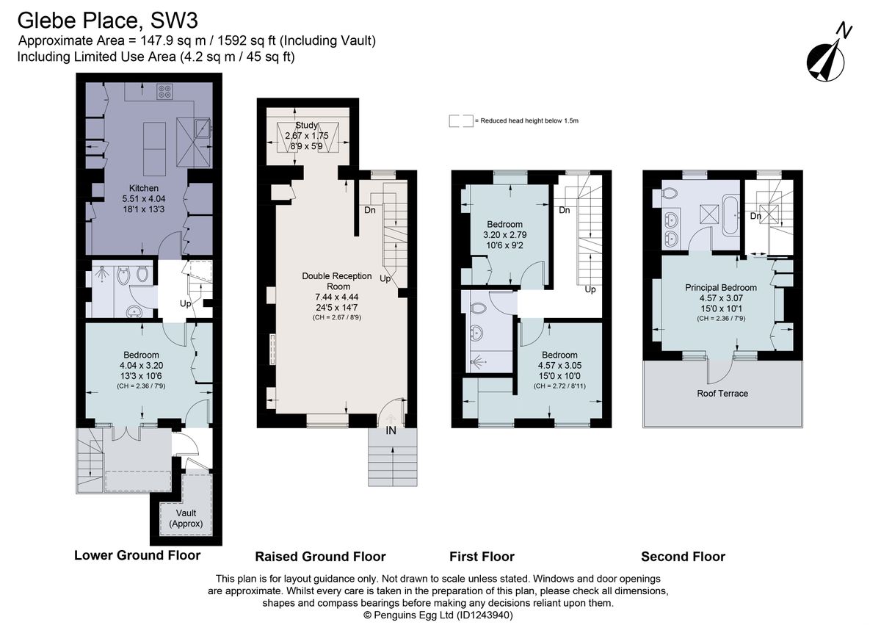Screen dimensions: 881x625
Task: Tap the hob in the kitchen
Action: [164, 91]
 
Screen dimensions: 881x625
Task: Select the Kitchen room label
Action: [144, 188]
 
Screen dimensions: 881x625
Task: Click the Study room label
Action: [306, 125]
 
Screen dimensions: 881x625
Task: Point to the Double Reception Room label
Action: [337, 281]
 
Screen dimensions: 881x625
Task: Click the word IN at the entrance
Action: [391, 430]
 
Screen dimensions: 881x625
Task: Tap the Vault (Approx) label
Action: [186, 519]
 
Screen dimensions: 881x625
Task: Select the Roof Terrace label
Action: [722, 394]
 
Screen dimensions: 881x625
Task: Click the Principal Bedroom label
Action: [721, 287]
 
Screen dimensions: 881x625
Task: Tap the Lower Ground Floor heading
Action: [137, 555]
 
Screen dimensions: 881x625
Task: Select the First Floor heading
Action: [482, 557]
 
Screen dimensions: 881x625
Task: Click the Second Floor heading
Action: [684, 557]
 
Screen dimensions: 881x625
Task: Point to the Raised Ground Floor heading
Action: [321, 557]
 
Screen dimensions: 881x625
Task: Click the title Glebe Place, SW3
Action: [107, 21]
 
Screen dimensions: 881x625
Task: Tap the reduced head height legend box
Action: [461, 120]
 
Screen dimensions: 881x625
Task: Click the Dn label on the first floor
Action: [565, 210]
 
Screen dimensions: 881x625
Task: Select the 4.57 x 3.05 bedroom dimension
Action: [559, 366]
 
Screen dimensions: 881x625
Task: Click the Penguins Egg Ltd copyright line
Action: [438, 615]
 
